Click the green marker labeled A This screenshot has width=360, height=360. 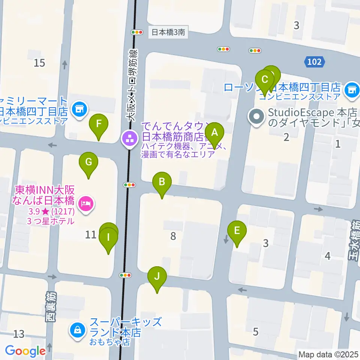(214, 132)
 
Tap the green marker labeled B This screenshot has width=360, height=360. (162, 182)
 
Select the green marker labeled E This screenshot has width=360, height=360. (237, 231)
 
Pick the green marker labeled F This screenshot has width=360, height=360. (99, 124)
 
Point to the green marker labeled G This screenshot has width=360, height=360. (88, 162)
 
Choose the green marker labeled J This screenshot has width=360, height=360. (157, 277)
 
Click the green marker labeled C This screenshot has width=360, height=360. (265, 79)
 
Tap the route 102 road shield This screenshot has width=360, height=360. (314, 61)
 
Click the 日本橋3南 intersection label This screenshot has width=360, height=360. (168, 33)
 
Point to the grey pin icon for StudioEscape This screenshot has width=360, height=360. (257, 117)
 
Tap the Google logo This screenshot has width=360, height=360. (25, 351)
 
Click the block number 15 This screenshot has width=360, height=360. (39, 63)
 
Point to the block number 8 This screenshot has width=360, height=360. (173, 236)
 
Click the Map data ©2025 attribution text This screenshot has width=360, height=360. (328, 354)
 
